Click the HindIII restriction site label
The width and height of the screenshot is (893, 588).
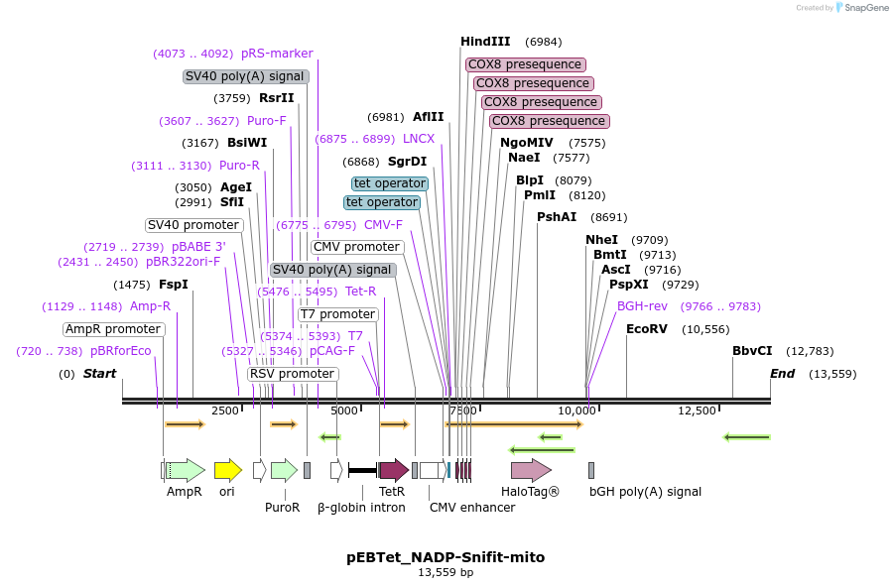pos(485,42)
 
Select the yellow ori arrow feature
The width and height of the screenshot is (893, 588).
pos(228,469)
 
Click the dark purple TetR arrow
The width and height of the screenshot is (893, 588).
pos(394,469)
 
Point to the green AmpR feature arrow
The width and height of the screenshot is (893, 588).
pos(185,469)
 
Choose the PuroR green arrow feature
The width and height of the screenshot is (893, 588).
pos(284,469)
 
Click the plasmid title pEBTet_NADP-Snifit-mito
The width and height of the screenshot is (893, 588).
pos(446,557)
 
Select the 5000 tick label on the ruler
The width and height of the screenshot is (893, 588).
pos(343,411)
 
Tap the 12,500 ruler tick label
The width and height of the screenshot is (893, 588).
pos(697,411)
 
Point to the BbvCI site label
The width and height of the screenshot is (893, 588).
pos(752,351)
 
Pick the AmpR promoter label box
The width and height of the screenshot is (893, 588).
pos(113,329)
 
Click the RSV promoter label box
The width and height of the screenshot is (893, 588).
pos(292,374)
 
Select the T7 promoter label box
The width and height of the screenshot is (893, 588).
pos(338,314)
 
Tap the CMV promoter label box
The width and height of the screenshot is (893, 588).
pos(357,247)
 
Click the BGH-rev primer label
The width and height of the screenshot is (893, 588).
pos(642,306)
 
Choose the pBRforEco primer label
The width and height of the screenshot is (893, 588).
pos(120,351)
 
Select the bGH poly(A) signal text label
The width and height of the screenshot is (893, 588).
pos(645,492)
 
